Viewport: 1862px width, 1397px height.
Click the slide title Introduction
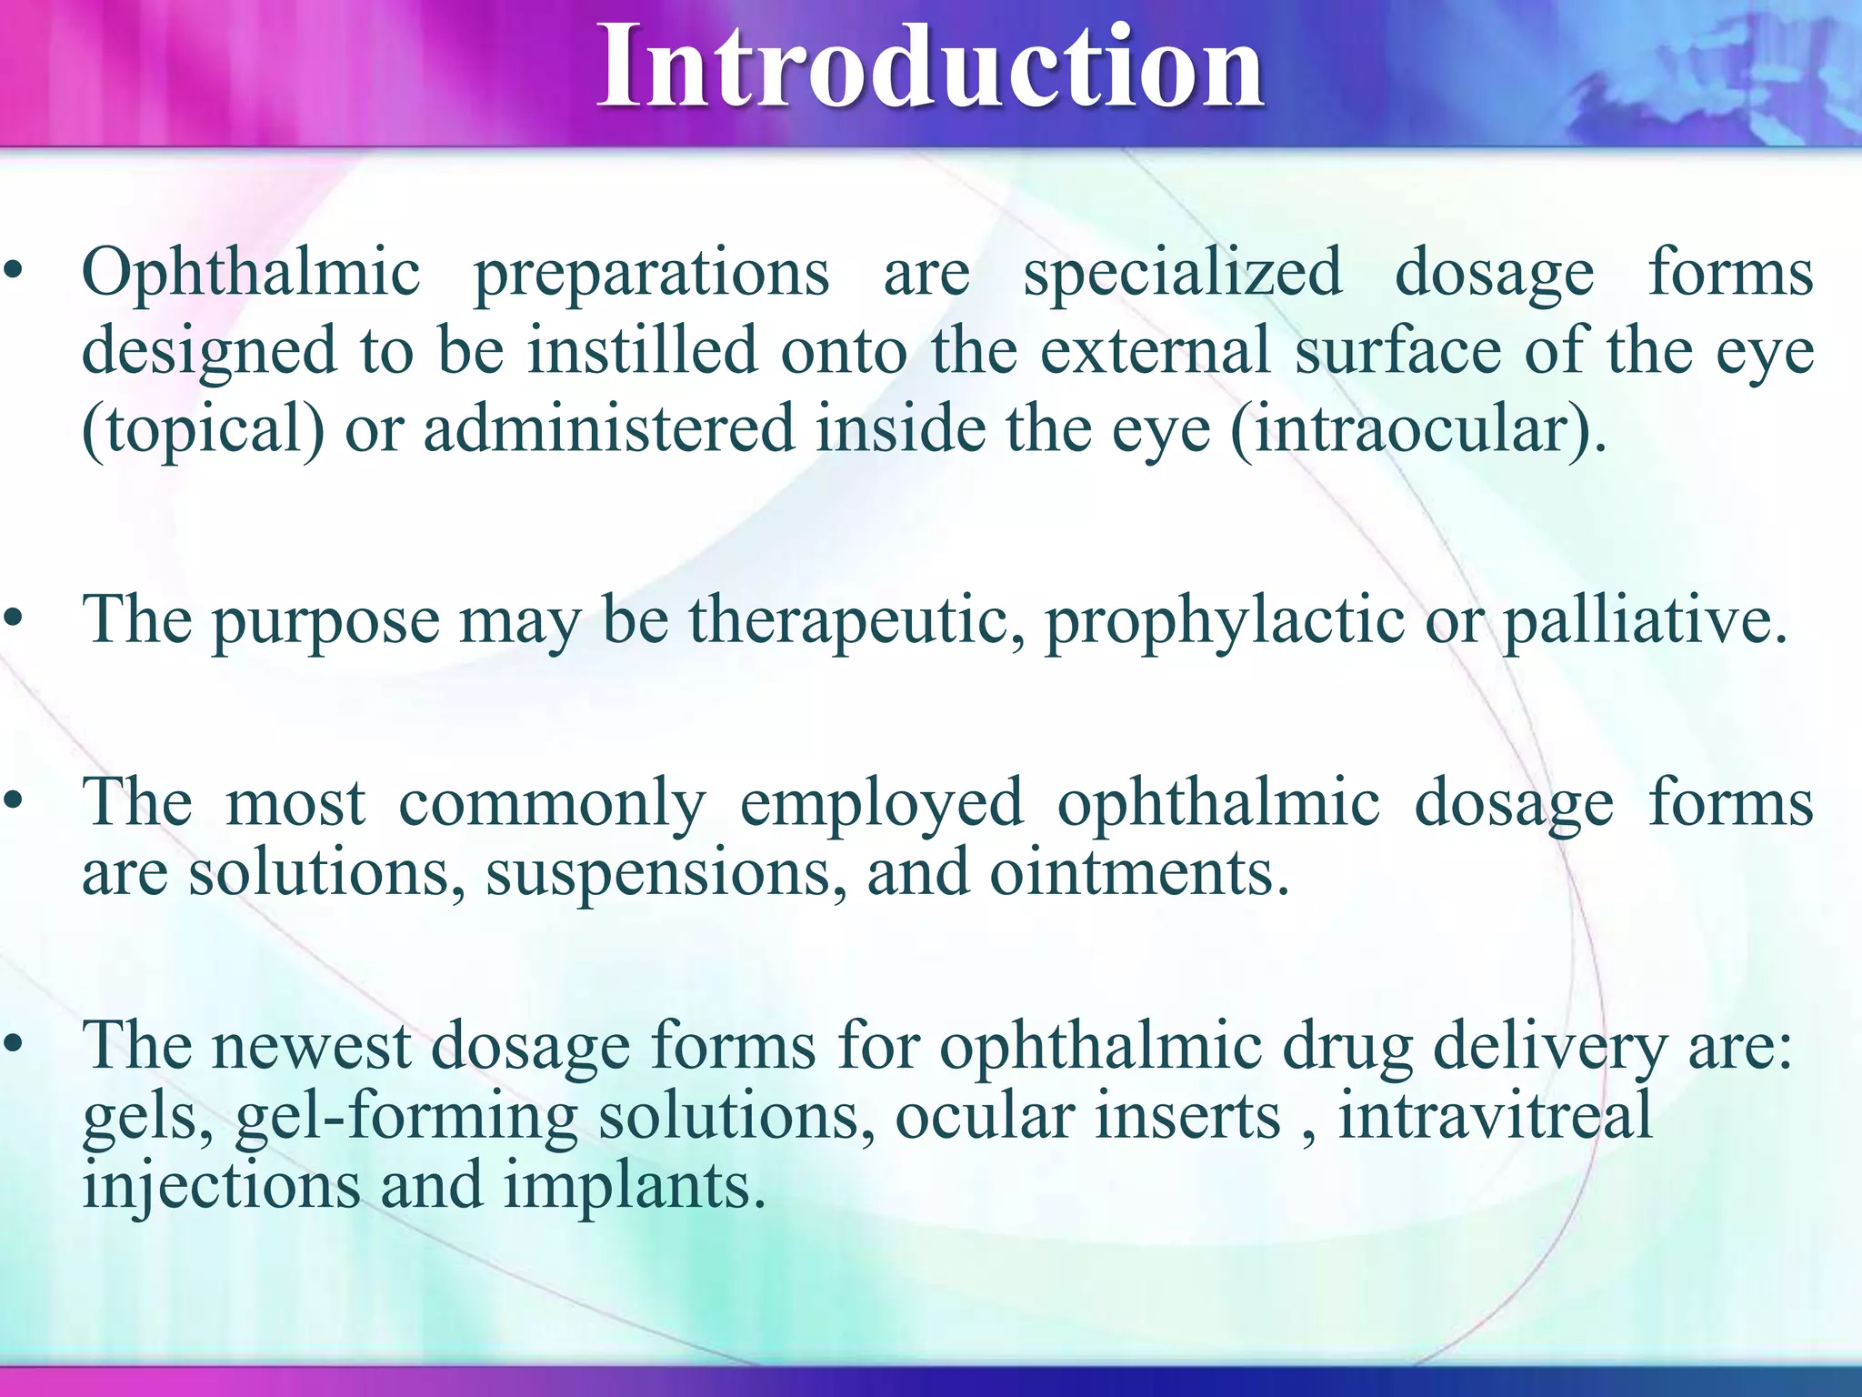929,68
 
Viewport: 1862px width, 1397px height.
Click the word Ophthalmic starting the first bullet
251,273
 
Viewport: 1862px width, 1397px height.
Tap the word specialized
1182,273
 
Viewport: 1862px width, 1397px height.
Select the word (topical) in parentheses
203,429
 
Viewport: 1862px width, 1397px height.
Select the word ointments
1139,873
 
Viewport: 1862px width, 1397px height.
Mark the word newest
312,1046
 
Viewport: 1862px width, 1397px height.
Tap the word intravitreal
1495,1117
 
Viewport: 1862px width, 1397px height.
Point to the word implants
635,1188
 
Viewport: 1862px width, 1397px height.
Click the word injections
221,1188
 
